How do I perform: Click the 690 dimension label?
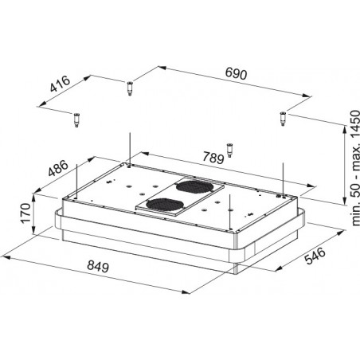(x=236, y=73)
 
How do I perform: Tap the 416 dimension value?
(x=61, y=84)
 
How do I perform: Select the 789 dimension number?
(x=213, y=158)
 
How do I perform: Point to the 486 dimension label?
(x=58, y=169)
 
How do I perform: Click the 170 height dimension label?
(x=26, y=213)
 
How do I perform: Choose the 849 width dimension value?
(x=98, y=266)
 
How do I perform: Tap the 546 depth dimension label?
(x=315, y=256)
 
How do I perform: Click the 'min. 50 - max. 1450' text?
(x=355, y=168)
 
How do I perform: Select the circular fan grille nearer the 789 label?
(x=194, y=186)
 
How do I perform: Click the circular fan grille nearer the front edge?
(x=165, y=205)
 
